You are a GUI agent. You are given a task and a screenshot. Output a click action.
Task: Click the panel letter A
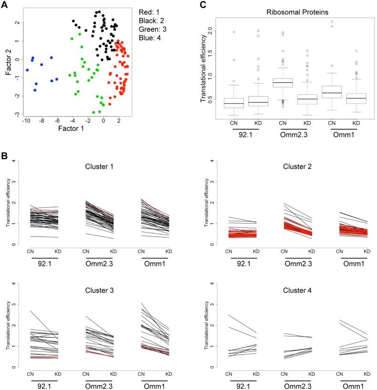(5, 4)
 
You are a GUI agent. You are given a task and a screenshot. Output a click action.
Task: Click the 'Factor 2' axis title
(7, 59)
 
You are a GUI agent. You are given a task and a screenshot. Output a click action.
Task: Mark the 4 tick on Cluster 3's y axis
(18, 284)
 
